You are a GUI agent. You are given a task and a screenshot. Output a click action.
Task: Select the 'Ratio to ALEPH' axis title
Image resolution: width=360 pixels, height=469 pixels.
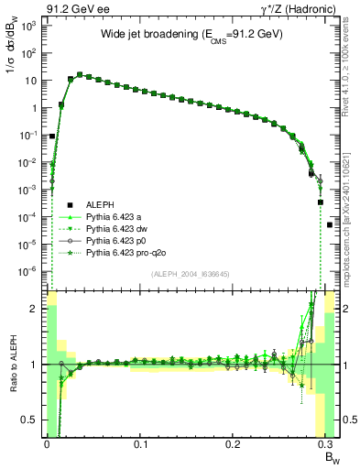point(11,364)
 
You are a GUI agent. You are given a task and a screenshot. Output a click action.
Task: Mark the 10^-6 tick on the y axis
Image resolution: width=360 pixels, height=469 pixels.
point(27,271)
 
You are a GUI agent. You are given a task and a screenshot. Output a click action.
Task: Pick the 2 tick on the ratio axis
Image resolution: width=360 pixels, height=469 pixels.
point(35,309)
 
